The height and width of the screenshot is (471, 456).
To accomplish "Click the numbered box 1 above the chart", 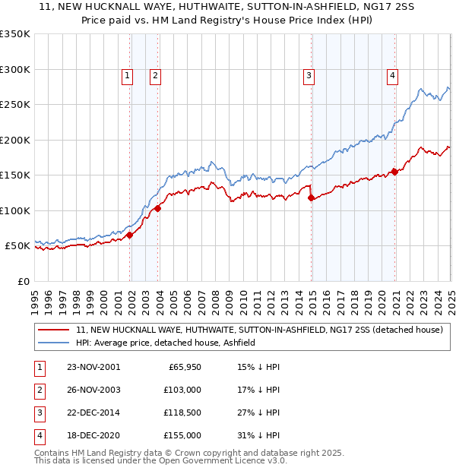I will coord(126,75).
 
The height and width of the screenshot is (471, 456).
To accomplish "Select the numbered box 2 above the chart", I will coord(154,75).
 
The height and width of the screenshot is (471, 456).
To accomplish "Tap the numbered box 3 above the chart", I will coord(309,75).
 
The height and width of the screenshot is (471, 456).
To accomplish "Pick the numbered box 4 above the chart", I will coord(392,75).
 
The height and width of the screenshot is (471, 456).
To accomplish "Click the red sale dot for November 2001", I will coord(130,235).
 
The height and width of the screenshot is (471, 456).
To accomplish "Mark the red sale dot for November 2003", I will coord(157,208).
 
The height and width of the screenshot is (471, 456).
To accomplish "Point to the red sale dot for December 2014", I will coord(312,198).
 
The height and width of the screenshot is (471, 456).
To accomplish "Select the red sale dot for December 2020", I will coord(394,172).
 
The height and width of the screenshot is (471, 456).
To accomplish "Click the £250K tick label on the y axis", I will coord(15,105).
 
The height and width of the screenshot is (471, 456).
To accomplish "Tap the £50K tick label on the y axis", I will coord(17,246).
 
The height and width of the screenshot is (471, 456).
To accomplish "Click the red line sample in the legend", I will coord(54,330).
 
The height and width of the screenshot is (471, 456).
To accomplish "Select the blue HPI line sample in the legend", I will coord(54,343).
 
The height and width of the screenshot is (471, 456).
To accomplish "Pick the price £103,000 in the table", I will coord(183,390).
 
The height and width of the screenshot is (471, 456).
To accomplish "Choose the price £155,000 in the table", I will coord(183,436).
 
